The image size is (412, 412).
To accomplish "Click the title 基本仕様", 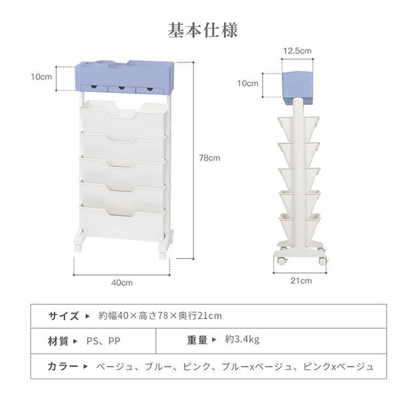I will click(203, 30).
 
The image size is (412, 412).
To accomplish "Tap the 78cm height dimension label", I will click(209, 158).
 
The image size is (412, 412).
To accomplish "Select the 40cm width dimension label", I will click(122, 282).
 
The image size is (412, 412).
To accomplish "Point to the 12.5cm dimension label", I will click(297, 51).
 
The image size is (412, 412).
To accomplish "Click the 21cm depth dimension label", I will click(301, 280).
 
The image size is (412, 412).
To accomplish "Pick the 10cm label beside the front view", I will click(41, 76).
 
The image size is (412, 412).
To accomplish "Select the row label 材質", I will click(58, 341).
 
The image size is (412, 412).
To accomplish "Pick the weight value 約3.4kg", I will click(242, 340).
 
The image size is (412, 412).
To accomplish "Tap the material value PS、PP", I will click(104, 341).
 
